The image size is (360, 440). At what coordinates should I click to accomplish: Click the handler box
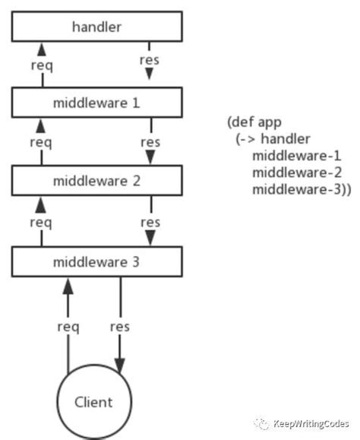click(96, 27)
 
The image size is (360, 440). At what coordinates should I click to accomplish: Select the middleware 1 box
click(96, 102)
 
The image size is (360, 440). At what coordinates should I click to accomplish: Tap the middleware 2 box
click(96, 182)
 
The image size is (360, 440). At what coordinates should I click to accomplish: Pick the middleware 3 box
click(96, 262)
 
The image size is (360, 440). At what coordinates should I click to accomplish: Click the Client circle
click(94, 402)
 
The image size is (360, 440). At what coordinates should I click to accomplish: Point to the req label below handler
click(41, 64)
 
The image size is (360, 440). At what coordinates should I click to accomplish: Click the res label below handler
click(149, 60)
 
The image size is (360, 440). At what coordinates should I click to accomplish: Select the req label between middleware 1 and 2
click(41, 142)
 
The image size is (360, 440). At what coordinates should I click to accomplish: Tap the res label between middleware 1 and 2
click(150, 142)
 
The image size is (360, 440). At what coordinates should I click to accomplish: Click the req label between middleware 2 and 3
click(41, 222)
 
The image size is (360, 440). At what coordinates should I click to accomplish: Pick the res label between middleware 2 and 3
click(150, 222)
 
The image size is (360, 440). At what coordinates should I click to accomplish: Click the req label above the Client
click(68, 327)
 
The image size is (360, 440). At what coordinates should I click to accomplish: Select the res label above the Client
click(119, 327)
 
